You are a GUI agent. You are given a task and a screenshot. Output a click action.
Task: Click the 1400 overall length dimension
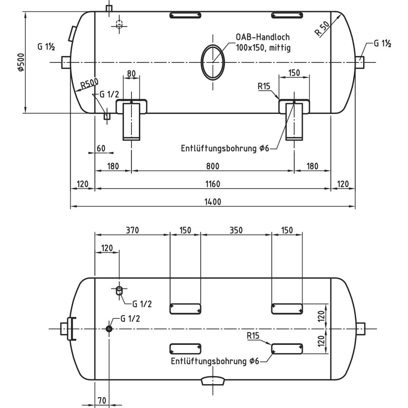pyautogui.click(x=213, y=202)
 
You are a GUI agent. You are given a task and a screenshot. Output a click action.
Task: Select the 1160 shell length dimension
pyautogui.click(x=213, y=184)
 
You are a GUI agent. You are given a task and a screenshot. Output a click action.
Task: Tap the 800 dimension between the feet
pyautogui.click(x=213, y=166)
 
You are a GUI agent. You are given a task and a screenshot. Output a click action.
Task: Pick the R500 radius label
pyautogui.click(x=89, y=84)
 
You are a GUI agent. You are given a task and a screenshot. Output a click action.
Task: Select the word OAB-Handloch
pyautogui.click(x=262, y=37)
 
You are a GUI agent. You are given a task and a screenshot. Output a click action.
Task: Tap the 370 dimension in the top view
pyautogui.click(x=132, y=230)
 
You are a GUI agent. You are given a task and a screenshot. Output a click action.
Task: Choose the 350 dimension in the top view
pyautogui.click(x=236, y=230)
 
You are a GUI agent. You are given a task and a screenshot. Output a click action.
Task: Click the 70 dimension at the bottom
pyautogui.click(x=102, y=401)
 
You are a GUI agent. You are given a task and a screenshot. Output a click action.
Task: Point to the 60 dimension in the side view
pyautogui.click(x=101, y=149)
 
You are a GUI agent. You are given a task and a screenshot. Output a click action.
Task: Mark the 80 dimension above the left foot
pyautogui.click(x=131, y=73)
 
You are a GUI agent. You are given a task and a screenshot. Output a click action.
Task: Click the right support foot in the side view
pyautogui.click(x=294, y=121)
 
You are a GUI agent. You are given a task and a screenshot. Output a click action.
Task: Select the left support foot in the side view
pyautogui.click(x=131, y=121)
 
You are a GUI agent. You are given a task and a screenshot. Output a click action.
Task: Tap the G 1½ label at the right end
pyautogui.click(x=382, y=44)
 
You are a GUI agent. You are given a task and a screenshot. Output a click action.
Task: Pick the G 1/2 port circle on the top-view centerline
pyautogui.click(x=109, y=329)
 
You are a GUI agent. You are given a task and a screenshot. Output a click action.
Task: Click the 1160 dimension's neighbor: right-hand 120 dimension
pyautogui.click(x=343, y=184)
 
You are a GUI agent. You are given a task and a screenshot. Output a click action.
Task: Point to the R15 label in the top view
pyautogui.click(x=253, y=336)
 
